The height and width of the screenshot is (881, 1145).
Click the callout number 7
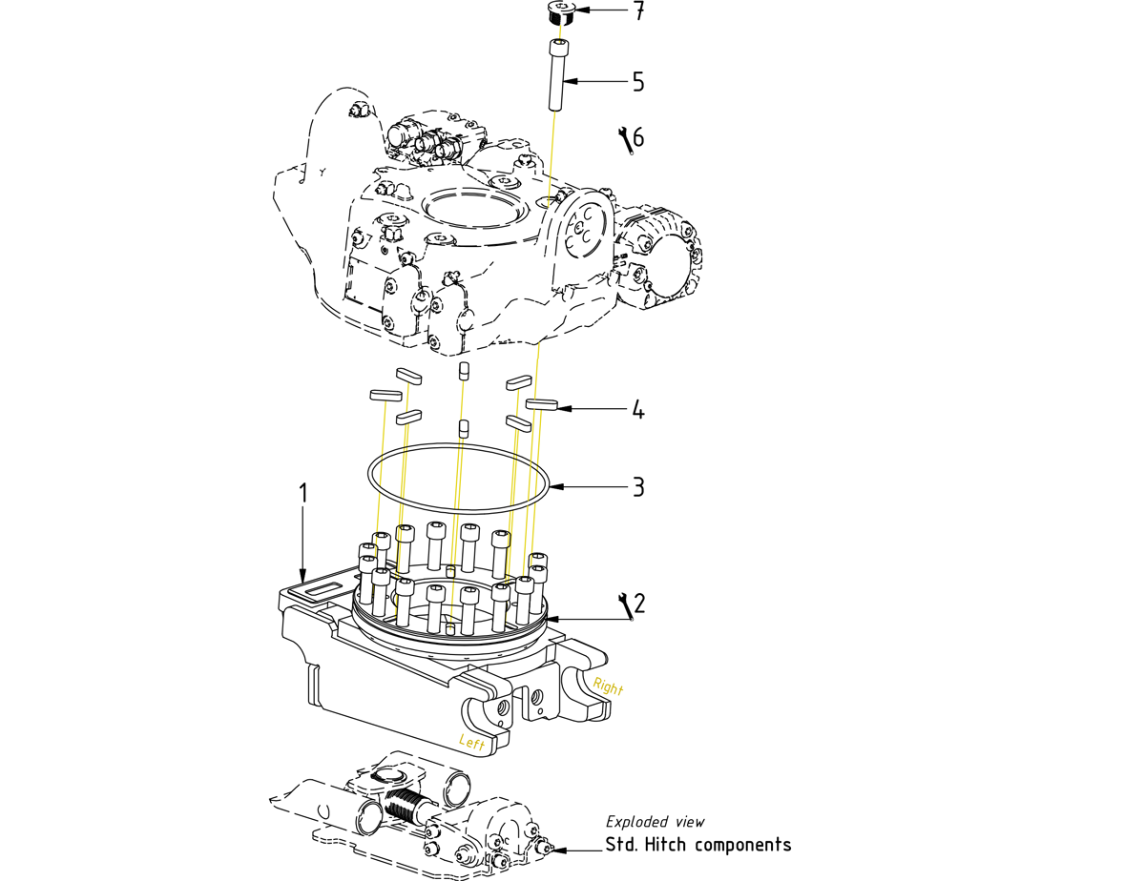(638, 12)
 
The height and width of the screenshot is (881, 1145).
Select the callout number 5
(638, 82)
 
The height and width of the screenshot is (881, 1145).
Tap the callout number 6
(638, 137)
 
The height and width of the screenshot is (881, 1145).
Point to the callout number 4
(638, 411)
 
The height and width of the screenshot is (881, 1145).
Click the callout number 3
(638, 487)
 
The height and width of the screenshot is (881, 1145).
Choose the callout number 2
(638, 603)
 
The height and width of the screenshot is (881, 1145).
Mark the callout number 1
(303, 494)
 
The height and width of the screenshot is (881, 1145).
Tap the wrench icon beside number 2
(626, 605)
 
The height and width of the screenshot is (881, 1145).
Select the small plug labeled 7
(560, 13)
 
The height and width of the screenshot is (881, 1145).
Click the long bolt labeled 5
(558, 75)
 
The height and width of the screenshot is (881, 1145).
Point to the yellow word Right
(608, 686)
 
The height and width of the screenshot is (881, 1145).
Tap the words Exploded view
(656, 822)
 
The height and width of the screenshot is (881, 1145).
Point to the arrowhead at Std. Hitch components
(559, 848)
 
